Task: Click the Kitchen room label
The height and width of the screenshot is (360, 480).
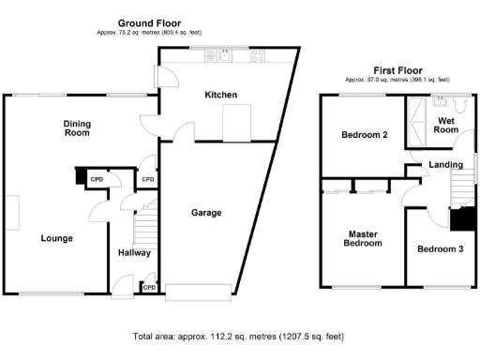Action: (x=221, y=96)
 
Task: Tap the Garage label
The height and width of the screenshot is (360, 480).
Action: (x=206, y=213)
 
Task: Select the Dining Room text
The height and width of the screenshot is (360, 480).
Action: (x=77, y=128)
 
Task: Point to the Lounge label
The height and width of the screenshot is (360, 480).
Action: (x=56, y=238)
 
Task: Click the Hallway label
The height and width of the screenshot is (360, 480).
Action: (x=134, y=253)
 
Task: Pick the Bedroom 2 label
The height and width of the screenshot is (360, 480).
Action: (x=365, y=135)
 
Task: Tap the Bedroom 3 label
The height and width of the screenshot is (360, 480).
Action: (x=441, y=249)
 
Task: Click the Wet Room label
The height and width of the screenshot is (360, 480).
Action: (x=446, y=126)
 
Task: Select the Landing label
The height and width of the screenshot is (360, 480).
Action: (x=445, y=165)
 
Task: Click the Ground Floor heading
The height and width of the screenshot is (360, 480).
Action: (x=150, y=22)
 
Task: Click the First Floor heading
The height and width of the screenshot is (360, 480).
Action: (x=397, y=70)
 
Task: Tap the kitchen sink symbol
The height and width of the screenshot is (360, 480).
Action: (x=223, y=56)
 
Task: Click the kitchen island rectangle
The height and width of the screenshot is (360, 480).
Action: (x=236, y=121)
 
